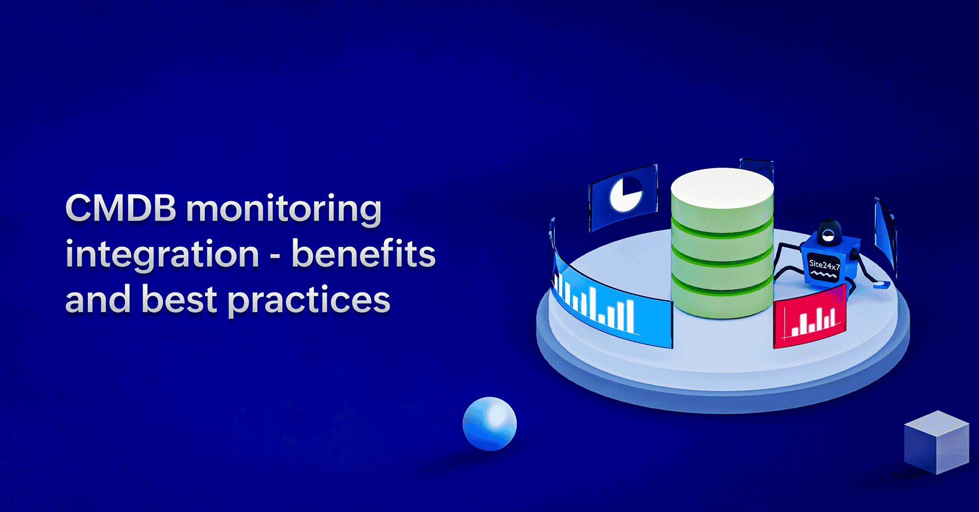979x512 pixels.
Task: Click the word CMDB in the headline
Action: [121, 208]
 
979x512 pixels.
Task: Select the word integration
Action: [162, 255]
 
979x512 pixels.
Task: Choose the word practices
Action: [309, 301]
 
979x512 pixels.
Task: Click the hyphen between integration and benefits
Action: [276, 256]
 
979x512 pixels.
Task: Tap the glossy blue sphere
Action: [489, 423]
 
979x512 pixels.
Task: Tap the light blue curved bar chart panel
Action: [612, 305]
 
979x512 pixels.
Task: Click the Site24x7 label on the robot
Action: [825, 266]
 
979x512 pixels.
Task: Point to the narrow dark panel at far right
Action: [884, 236]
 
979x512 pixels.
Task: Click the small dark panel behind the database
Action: [757, 169]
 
